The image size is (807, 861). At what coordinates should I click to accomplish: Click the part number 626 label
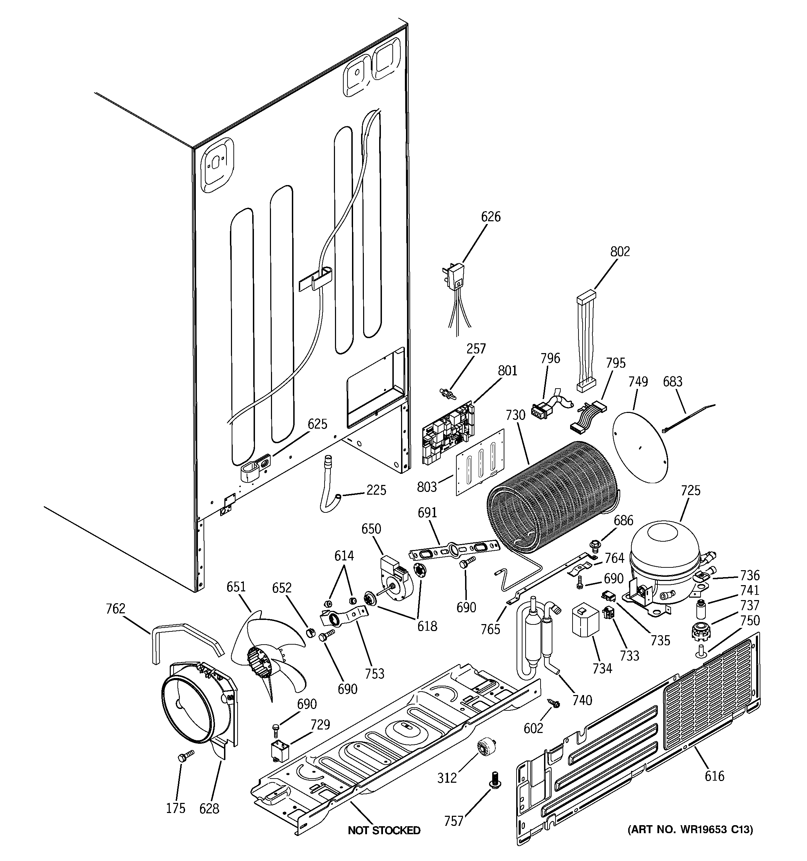pyautogui.click(x=490, y=216)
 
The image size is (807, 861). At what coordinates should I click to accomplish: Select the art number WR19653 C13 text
pyautogui.click(x=690, y=829)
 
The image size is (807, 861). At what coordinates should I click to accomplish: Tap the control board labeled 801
pyautogui.click(x=448, y=433)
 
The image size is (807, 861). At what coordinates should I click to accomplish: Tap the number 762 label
pyautogui.click(x=115, y=608)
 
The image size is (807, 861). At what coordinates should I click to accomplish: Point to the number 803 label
pyautogui.click(x=427, y=487)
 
